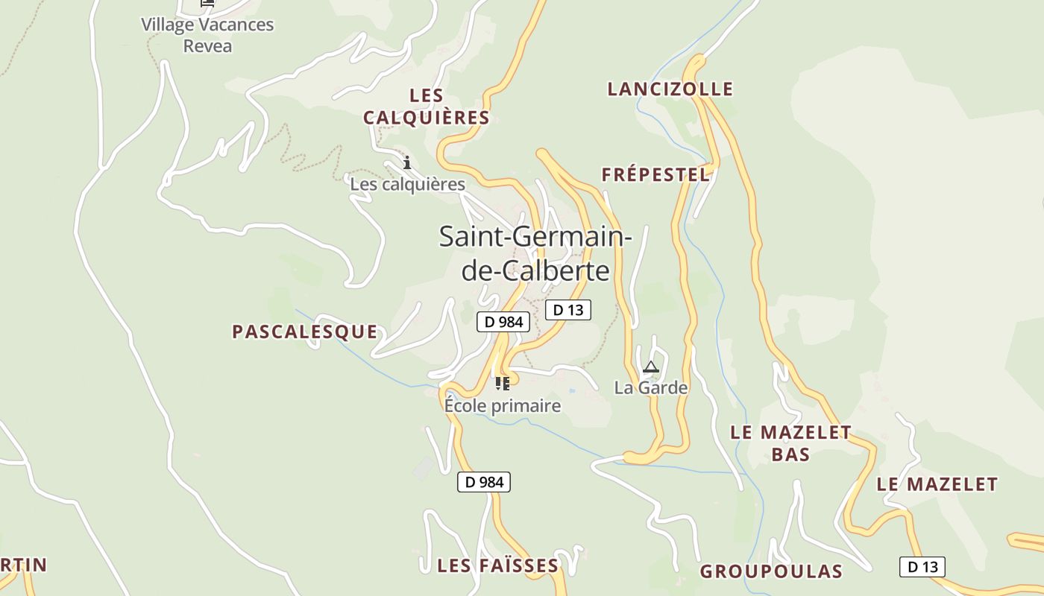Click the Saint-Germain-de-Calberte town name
click(535, 253)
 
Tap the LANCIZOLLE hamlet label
click(670, 89)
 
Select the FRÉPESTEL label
click(655, 175)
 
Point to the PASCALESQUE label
click(304, 332)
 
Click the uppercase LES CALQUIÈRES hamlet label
click(427, 107)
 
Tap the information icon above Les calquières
click(407, 162)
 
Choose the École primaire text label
click(503, 406)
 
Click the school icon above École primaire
click(503, 384)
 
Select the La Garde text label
click(651, 387)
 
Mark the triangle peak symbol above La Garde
click(651, 367)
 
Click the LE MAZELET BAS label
click(790, 443)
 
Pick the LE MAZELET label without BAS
click(937, 484)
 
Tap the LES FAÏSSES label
click(497, 565)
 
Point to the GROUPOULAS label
click(771, 571)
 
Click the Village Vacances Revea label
click(207, 35)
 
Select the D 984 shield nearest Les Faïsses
click(484, 482)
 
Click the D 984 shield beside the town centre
click(503, 322)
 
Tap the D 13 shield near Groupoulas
click(922, 567)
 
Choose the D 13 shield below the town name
click(568, 310)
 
